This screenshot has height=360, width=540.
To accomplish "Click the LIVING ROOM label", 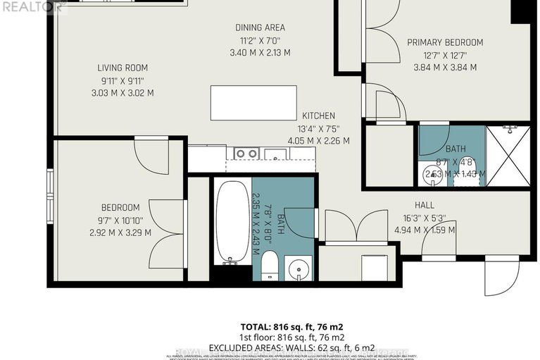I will (x=123, y=68).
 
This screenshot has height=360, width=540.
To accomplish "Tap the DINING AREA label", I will (x=260, y=27).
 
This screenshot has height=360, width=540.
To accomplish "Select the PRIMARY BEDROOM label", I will (x=445, y=42).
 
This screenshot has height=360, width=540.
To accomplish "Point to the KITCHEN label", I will (x=318, y=116).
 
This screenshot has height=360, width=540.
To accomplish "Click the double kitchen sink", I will (x=246, y=153).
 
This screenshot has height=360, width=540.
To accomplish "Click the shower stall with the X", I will (x=508, y=156).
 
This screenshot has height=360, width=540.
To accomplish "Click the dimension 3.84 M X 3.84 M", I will (x=444, y=68).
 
